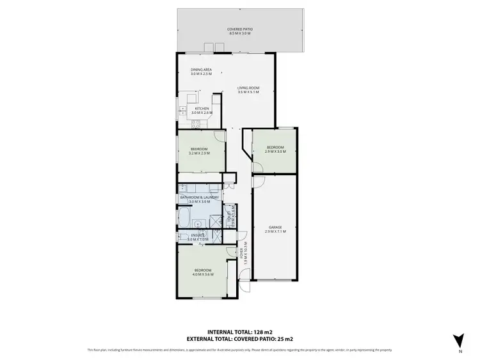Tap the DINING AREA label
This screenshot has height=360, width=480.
point(201,70)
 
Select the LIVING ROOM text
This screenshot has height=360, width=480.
point(248,89)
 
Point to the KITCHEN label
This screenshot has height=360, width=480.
point(202,109)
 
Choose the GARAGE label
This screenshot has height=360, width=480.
point(275,227)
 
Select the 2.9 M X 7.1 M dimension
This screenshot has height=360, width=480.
point(275,231)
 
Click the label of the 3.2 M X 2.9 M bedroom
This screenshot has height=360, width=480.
point(199,149)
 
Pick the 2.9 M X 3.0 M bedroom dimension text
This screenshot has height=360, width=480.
point(276,152)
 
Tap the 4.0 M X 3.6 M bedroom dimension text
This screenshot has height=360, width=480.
point(204,274)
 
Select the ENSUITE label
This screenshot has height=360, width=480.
point(198,235)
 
